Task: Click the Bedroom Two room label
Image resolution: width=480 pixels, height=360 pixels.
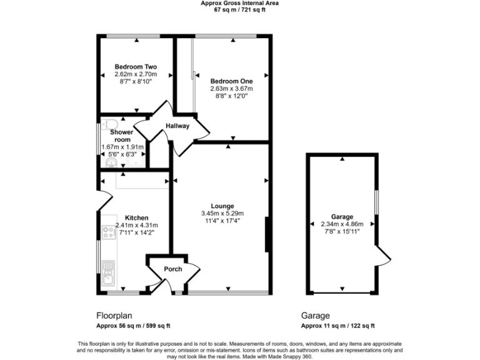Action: pyautogui.click(x=136, y=67)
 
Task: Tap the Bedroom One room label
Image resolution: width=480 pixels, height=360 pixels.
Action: pyautogui.click(x=232, y=81)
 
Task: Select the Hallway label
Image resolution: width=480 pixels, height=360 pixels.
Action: pyautogui.click(x=177, y=126)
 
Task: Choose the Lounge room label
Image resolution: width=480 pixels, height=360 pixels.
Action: pyautogui.click(x=222, y=206)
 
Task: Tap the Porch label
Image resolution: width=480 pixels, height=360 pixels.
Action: pyautogui.click(x=172, y=269)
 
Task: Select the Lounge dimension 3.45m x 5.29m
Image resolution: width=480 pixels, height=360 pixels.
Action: pyautogui.click(x=222, y=213)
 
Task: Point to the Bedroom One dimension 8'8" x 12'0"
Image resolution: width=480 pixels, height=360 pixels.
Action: pyautogui.click(x=232, y=96)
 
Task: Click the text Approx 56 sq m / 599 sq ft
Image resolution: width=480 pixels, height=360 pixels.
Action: pyautogui.click(x=132, y=326)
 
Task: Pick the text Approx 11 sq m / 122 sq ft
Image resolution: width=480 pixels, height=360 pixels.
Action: pyautogui.click(x=337, y=326)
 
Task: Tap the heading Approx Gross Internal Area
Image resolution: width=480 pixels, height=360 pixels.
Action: pyautogui.click(x=240, y=3)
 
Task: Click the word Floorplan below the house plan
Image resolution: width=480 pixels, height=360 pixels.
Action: pyautogui.click(x=114, y=316)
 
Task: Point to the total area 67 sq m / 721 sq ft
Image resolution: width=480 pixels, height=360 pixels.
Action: pyautogui.click(x=240, y=11)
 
